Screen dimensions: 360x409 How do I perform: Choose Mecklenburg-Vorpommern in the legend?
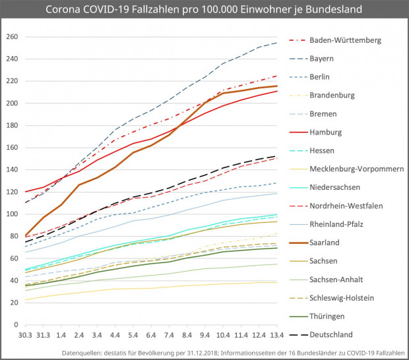(x=356, y=169)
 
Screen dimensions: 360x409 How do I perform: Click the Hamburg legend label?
(x=326, y=132)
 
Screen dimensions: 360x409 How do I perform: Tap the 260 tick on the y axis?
(x=11, y=37)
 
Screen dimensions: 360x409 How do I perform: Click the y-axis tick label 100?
(x=11, y=214)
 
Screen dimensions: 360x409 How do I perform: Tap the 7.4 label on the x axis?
(x=168, y=336)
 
